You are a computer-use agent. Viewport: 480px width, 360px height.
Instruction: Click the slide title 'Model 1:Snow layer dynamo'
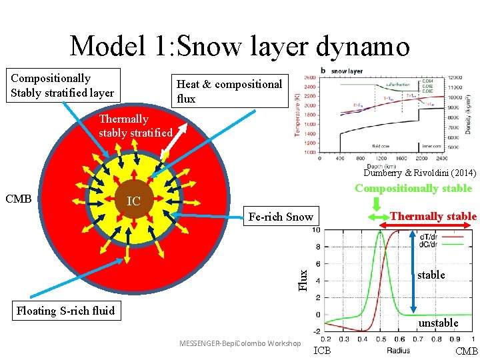pos(239,45)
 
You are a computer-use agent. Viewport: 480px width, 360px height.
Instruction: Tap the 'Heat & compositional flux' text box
pos(230,91)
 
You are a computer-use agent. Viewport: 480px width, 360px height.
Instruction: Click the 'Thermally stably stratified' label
pos(136,125)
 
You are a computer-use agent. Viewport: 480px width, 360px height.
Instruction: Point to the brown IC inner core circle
pos(134,200)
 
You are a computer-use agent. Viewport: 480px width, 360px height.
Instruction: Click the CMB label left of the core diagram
pos(19,199)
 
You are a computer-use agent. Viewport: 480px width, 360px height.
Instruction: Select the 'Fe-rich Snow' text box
pos(280,217)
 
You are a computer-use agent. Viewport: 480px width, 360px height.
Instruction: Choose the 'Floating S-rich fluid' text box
pos(65,310)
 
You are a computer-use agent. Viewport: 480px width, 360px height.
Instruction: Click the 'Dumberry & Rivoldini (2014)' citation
pos(419,173)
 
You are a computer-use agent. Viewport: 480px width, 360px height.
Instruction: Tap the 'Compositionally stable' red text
pos(413,188)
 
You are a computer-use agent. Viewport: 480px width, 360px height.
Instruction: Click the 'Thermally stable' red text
pos(433,216)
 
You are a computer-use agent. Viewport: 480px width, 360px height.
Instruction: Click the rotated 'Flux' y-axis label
pos(303,279)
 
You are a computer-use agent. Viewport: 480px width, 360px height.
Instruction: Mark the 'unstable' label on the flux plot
pos(438,323)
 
